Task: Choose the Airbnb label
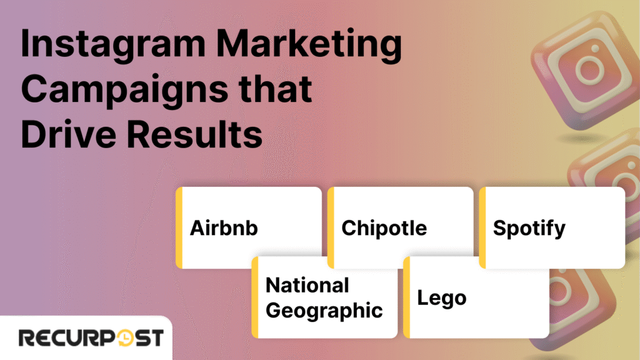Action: tap(224, 228)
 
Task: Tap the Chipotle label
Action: tap(384, 228)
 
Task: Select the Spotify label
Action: tap(529, 228)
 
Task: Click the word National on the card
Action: tap(307, 286)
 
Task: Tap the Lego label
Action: tap(441, 297)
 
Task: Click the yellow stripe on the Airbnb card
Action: tap(179, 227)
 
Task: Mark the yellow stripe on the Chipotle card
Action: tap(331, 227)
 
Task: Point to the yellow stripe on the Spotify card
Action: tap(482, 227)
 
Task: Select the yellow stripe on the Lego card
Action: tap(406, 297)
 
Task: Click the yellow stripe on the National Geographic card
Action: tap(255, 297)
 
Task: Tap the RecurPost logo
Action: tap(91, 338)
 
